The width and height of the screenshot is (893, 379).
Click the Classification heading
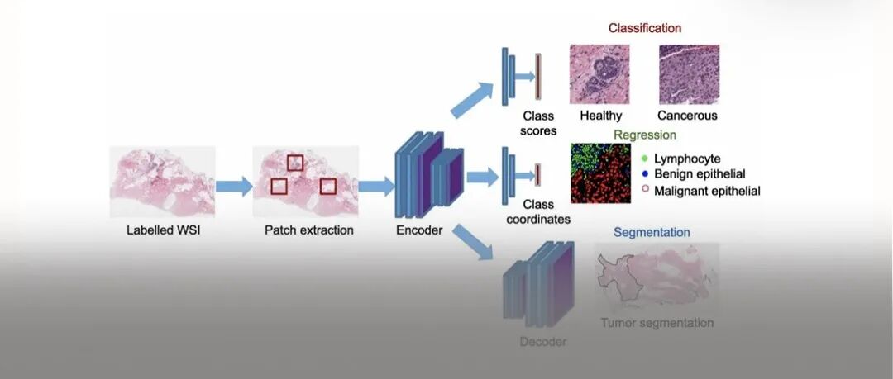coord(645,28)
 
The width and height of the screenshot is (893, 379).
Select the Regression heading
coord(645,135)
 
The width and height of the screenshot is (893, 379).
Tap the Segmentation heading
coord(652,233)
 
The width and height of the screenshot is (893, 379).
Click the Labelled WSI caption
coord(164,230)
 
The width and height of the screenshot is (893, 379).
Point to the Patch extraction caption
coord(309,230)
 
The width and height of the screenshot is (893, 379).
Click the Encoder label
coord(419,230)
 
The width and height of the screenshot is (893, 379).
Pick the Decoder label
coord(543,342)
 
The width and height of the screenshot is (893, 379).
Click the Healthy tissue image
coord(599,73)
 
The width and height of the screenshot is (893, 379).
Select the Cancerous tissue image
coord(688,73)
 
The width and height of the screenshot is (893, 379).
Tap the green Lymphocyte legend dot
coord(644,158)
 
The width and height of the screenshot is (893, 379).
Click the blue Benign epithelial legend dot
coord(644,174)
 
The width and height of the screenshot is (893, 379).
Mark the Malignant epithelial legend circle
coord(644,191)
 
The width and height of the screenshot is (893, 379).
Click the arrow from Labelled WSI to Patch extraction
coord(234,186)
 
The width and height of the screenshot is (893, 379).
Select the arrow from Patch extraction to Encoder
coord(376,186)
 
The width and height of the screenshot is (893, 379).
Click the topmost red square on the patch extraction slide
coord(294,163)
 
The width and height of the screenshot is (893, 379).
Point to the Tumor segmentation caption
coord(657,323)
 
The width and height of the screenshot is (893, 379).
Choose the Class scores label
coord(538,123)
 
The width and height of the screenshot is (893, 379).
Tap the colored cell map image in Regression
coord(600,173)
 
